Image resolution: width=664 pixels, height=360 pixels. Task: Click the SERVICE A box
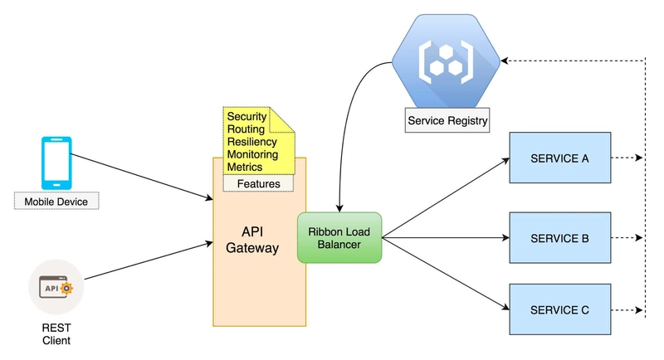559,158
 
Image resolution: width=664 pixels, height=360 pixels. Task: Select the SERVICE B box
559,238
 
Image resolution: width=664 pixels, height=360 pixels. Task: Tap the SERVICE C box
559,310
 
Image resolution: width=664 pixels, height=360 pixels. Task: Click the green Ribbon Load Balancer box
339,238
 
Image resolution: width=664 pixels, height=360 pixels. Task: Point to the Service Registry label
447,121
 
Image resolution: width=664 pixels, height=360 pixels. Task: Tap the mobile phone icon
56,163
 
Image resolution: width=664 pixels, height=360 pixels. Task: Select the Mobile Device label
56,201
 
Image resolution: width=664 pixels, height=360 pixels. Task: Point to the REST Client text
56,333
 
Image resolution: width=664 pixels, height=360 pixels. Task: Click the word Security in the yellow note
247,117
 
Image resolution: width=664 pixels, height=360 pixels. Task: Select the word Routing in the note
246,129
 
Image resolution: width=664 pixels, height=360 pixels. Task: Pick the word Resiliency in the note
252,142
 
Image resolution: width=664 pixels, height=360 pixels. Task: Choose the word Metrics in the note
245,167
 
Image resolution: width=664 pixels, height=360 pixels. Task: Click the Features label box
258,183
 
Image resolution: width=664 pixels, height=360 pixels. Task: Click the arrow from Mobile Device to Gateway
141,177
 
